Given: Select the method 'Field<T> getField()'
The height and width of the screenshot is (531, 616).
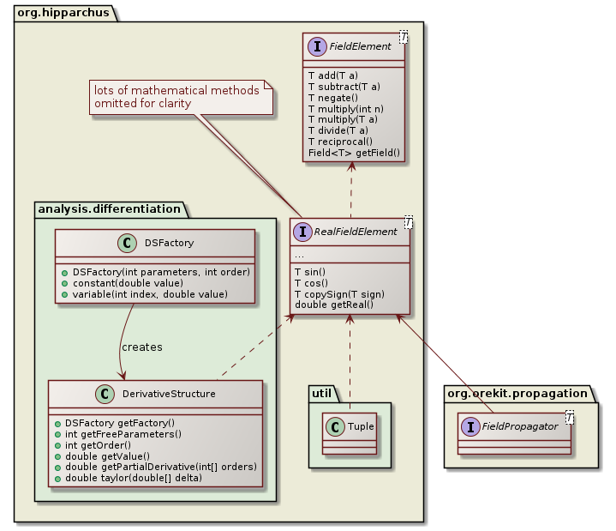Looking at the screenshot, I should point(354,153).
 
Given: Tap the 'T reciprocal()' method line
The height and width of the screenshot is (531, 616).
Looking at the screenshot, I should point(340,142).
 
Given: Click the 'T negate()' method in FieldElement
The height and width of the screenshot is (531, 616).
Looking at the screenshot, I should point(332,98).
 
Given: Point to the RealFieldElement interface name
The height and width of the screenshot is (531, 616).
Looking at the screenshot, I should point(356,232).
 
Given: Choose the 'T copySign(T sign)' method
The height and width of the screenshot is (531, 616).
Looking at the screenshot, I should point(339,293).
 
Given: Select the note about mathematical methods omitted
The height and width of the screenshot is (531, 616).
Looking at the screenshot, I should point(176,97).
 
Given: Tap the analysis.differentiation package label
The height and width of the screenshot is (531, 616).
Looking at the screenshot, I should point(108,208).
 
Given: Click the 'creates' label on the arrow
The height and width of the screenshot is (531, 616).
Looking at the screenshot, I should point(141,347).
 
